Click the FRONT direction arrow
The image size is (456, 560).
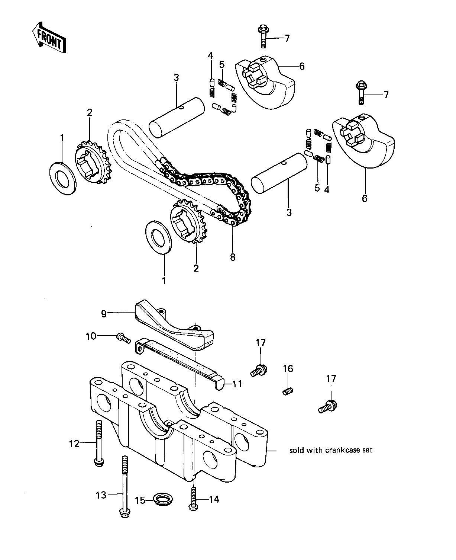(x=49, y=38)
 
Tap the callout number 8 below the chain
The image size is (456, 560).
(x=233, y=257)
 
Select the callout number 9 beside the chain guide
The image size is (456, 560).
(x=104, y=314)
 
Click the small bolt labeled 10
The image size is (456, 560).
(x=123, y=338)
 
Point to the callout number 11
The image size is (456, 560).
(x=237, y=384)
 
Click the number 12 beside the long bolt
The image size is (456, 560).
(x=74, y=444)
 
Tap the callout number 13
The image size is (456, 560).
(x=101, y=495)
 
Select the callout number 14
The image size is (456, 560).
(x=214, y=499)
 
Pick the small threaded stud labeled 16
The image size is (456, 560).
(x=288, y=391)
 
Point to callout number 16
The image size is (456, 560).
(x=288, y=368)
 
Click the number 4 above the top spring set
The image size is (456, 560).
(x=210, y=56)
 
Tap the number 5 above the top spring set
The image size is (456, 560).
(x=222, y=64)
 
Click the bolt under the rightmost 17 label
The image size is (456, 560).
(x=328, y=407)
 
